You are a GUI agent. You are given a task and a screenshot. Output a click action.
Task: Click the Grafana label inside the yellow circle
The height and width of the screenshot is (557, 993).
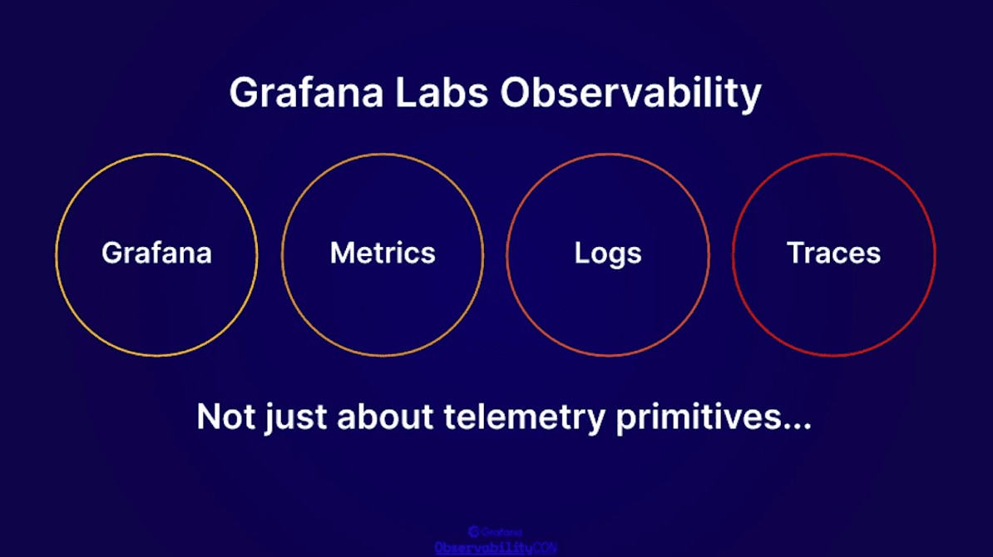pyautogui.click(x=156, y=253)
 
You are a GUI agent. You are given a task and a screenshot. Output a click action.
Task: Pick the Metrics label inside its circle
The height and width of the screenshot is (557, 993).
pyautogui.click(x=383, y=253)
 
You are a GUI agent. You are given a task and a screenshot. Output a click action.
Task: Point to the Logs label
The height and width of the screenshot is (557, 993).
pyautogui.click(x=608, y=254)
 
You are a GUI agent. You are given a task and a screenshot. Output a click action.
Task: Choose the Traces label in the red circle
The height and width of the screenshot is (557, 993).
pyautogui.click(x=833, y=253)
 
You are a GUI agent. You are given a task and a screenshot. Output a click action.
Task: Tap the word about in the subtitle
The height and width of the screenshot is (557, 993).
pyautogui.click(x=379, y=417)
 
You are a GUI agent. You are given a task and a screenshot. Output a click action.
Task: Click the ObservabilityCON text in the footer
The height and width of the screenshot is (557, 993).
pyautogui.click(x=496, y=548)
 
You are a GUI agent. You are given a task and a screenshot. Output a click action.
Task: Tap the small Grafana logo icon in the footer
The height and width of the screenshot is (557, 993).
pyautogui.click(x=473, y=532)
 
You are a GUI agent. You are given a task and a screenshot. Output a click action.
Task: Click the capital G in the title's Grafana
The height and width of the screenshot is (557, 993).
pyautogui.click(x=244, y=93)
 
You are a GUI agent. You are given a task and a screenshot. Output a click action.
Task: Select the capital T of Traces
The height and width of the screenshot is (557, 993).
pyautogui.click(x=794, y=253)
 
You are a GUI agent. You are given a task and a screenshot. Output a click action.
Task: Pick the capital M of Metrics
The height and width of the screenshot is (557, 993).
pyautogui.click(x=341, y=253)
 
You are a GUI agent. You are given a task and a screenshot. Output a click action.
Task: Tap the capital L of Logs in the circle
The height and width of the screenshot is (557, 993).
pyautogui.click(x=580, y=253)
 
